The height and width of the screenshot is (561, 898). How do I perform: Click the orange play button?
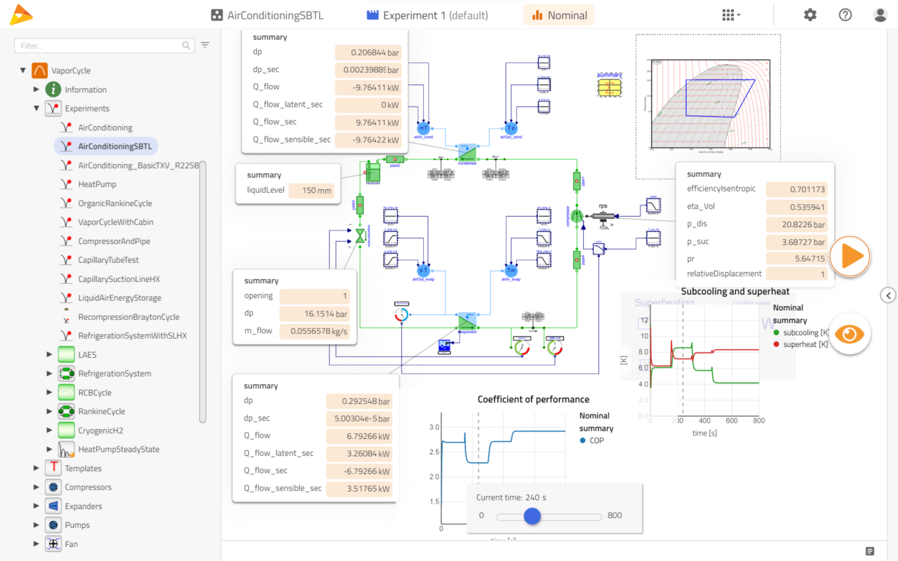click(x=850, y=257)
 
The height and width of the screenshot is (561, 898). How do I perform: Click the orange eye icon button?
click(x=850, y=334)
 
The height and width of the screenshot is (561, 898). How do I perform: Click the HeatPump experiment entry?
click(x=97, y=184)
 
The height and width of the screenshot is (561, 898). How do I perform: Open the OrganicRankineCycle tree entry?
click(x=115, y=203)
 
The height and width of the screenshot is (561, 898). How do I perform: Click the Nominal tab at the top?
click(x=559, y=15)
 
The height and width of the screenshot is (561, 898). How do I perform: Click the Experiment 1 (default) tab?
click(x=427, y=15)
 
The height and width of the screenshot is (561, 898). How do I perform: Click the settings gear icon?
click(x=810, y=15)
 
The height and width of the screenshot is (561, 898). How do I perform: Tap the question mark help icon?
click(x=845, y=15)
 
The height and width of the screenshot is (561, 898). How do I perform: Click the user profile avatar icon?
click(x=880, y=15)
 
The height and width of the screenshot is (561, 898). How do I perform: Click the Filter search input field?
click(x=98, y=46)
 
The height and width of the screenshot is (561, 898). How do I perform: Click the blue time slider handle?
click(x=532, y=516)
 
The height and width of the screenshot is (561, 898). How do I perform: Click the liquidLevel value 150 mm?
click(x=311, y=191)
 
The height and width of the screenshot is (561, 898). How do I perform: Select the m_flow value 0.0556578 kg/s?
click(x=314, y=331)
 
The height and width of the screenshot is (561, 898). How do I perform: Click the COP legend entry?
click(x=596, y=440)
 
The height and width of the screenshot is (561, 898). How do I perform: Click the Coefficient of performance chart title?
click(x=533, y=400)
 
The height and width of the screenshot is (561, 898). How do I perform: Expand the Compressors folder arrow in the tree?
click(x=36, y=487)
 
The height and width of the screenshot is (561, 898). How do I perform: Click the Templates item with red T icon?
click(x=83, y=468)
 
